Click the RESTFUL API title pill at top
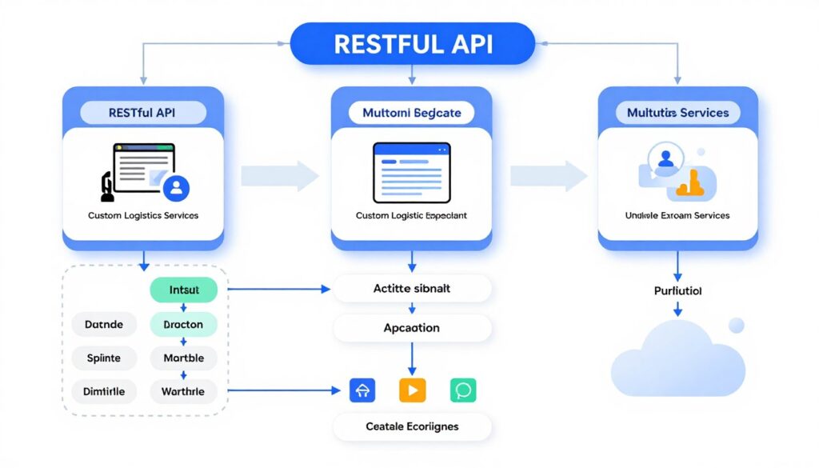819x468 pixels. [x=412, y=43]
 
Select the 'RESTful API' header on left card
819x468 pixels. [x=143, y=113]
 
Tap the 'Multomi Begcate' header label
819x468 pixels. [x=411, y=113]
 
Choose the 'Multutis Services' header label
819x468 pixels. [x=677, y=113]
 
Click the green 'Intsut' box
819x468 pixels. [x=184, y=290]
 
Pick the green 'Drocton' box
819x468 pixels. [x=184, y=325]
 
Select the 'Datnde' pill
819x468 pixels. [x=104, y=325]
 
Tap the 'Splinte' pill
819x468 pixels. [x=104, y=358]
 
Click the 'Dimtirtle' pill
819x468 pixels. [x=104, y=391]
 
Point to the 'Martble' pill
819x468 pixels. [x=184, y=358]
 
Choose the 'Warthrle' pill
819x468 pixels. [x=184, y=391]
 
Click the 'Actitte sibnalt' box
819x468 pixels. [x=412, y=289]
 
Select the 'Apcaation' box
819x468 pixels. [x=412, y=328]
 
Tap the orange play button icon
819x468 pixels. [x=413, y=390]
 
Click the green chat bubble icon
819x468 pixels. [x=463, y=390]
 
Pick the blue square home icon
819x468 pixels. [x=362, y=390]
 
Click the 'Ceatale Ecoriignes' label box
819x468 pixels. [x=412, y=426]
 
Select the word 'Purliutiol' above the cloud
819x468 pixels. [x=677, y=291]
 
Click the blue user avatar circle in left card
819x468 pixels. [x=176, y=188]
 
